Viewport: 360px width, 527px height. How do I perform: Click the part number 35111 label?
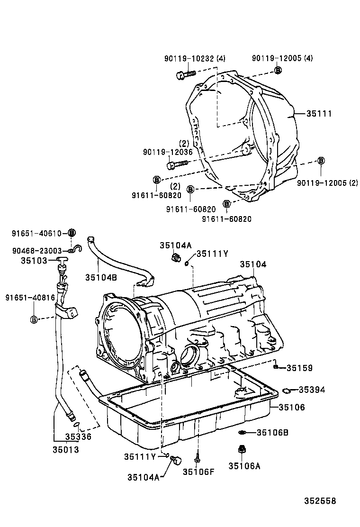[x=319, y=114]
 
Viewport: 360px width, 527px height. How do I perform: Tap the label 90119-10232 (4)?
[x=195, y=58]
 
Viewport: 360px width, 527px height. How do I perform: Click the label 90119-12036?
[x=168, y=152]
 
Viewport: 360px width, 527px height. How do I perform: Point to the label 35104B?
[x=101, y=277]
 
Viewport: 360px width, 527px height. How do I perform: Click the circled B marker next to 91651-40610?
[x=72, y=233]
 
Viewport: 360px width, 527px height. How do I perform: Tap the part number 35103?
[x=34, y=261]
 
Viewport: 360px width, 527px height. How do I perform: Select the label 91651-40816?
[x=30, y=298]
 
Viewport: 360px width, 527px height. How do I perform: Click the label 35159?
[x=299, y=368]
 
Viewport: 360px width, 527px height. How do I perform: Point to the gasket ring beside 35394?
[x=287, y=390]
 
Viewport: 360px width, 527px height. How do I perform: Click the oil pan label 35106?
[x=292, y=408]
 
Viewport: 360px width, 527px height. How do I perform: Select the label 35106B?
[x=272, y=433]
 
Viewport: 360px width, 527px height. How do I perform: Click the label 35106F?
[x=198, y=472]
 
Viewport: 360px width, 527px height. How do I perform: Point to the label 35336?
[x=78, y=436]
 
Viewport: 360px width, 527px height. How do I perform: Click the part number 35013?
[x=66, y=449]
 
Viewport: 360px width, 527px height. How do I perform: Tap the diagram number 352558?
[x=320, y=501]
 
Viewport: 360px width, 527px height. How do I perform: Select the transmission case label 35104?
[x=253, y=264]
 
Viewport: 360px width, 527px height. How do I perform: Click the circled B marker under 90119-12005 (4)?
[x=278, y=70]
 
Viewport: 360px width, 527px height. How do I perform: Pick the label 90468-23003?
[x=37, y=251]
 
